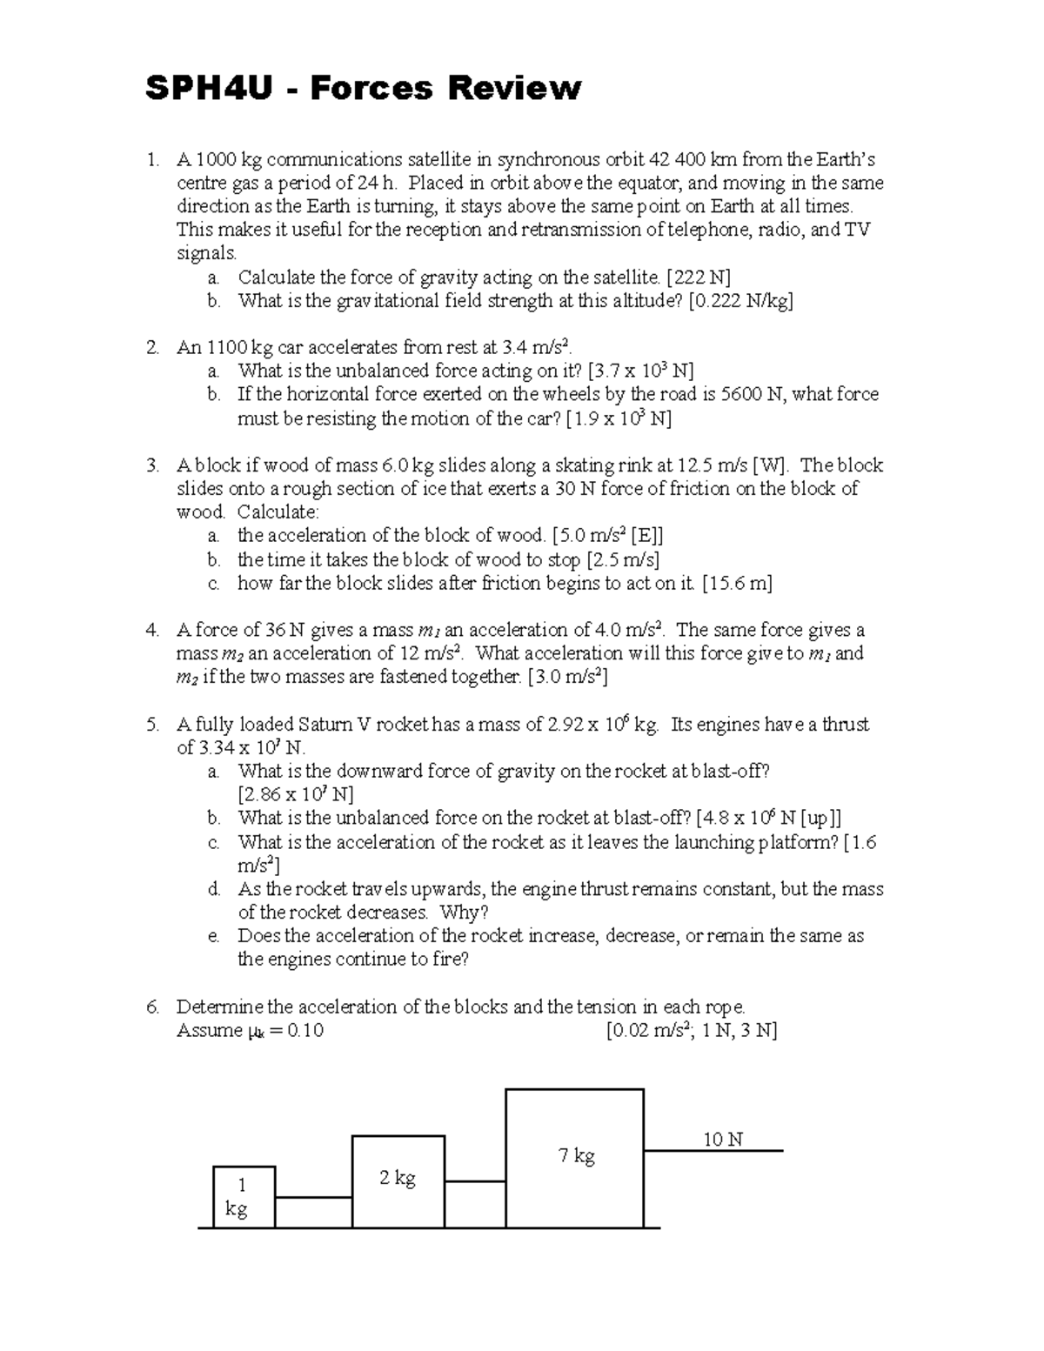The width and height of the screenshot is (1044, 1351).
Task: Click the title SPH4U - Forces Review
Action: click(x=363, y=88)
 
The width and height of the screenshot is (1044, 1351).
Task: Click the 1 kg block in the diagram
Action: click(x=244, y=1197)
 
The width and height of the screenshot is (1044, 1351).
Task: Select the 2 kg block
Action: click(x=398, y=1180)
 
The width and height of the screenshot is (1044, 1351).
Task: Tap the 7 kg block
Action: click(x=575, y=1157)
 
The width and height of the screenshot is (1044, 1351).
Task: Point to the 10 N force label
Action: click(x=722, y=1139)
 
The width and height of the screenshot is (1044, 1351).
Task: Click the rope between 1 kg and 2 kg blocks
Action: click(x=313, y=1198)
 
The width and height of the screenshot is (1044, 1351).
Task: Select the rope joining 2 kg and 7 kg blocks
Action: click(x=475, y=1181)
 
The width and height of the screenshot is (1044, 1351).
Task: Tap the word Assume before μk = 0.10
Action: click(x=209, y=1031)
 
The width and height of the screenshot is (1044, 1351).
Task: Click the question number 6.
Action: click(x=152, y=1007)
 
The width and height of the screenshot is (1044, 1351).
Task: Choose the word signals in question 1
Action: click(x=206, y=254)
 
